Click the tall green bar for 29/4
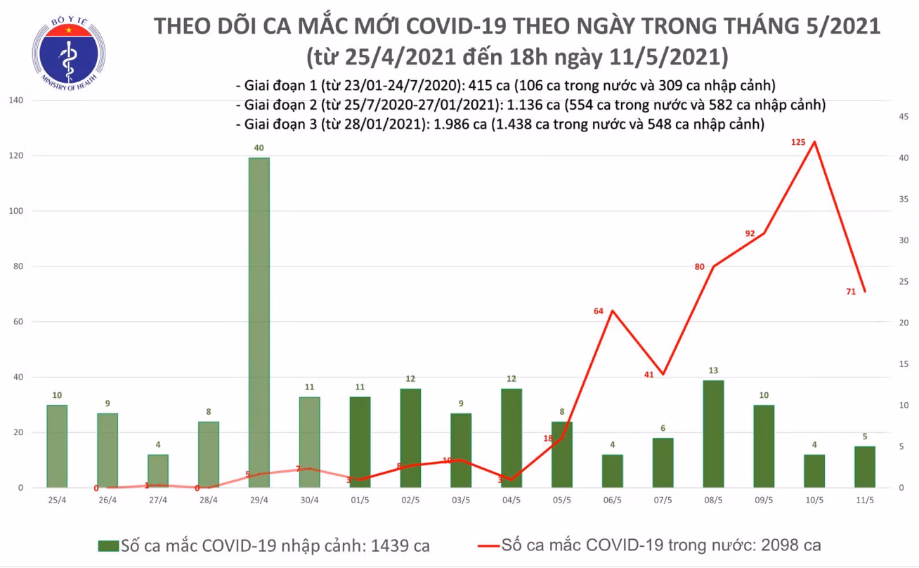click(x=259, y=323)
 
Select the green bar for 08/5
click(x=713, y=434)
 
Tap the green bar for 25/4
click(x=57, y=446)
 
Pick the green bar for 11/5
click(x=865, y=467)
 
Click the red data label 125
click(x=798, y=143)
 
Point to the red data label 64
click(x=599, y=311)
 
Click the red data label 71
click(x=851, y=292)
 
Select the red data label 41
click(x=648, y=375)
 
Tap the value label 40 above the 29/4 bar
click(x=259, y=148)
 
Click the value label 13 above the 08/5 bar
click(x=713, y=370)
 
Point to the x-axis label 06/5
click(x=613, y=501)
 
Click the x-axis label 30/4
click(x=309, y=501)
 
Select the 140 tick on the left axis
click(x=16, y=100)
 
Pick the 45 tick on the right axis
click(x=904, y=117)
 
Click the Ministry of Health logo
click(x=69, y=53)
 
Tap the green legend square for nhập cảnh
click(x=108, y=546)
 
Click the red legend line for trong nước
click(x=488, y=546)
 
